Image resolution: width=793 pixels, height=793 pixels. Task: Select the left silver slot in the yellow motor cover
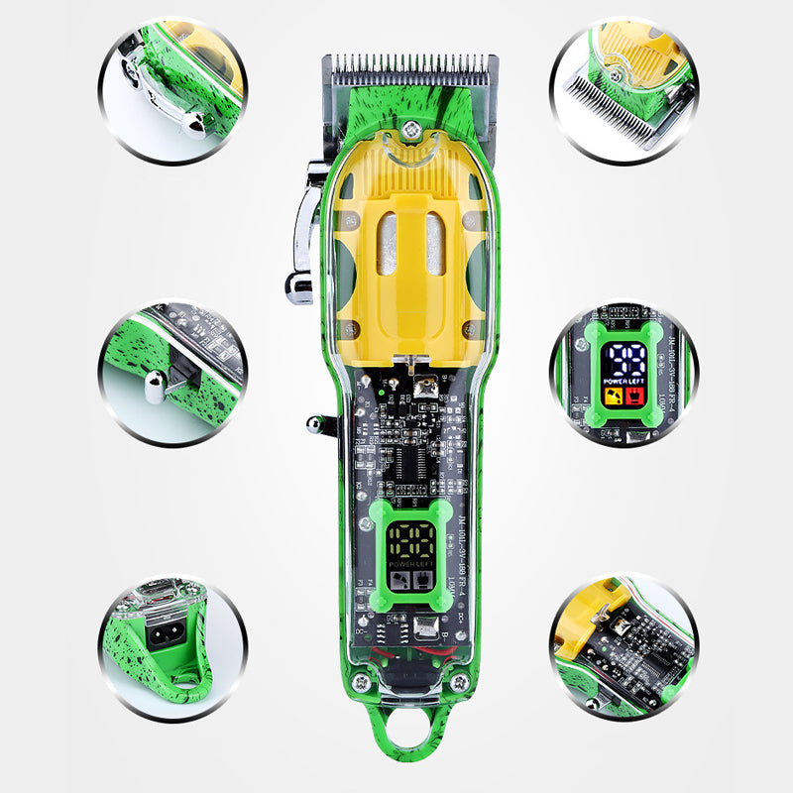coord(388,243)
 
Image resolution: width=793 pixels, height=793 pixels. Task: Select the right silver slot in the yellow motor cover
coord(435,243)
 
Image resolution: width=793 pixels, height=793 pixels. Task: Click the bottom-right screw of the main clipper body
coord(458,683)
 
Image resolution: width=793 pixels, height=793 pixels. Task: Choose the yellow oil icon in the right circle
coord(614,398)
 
